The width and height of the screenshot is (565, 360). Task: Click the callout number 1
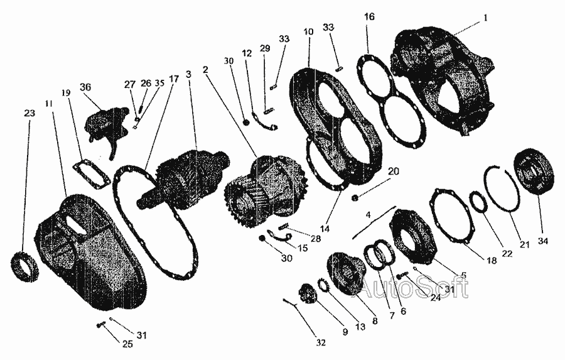485,18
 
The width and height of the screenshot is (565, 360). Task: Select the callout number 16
369,16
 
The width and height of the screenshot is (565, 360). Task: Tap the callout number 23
30,113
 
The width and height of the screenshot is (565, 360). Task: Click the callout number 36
85,87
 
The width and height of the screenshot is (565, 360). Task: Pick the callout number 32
320,342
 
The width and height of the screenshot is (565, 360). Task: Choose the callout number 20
394,171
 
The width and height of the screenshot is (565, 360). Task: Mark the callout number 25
127,344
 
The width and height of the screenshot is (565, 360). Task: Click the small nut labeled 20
355,197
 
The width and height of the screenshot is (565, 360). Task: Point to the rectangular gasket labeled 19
90,173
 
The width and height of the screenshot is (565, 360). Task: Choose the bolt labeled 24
402,276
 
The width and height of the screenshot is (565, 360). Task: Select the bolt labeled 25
100,325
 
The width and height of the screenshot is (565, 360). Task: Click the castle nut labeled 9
307,293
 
